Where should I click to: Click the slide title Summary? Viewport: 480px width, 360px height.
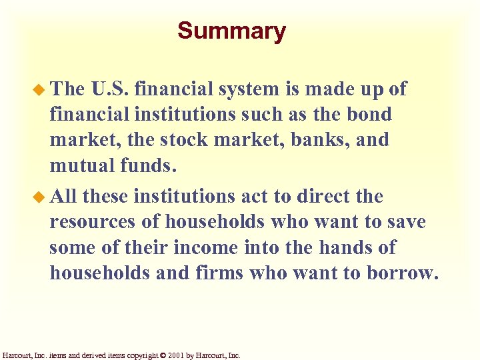(x=231, y=31)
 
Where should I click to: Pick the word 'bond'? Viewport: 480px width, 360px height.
(x=369, y=114)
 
